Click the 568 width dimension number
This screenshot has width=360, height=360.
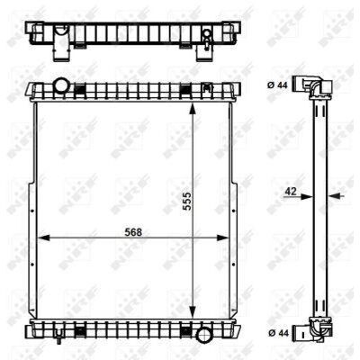tap(133, 232)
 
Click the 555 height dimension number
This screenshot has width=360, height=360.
tap(186, 202)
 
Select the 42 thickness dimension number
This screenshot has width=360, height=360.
tap(291, 191)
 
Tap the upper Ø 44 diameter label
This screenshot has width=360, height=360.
tap(277, 85)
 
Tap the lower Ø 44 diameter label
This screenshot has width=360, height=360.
tap(278, 333)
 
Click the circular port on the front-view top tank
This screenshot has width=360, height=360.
tap(62, 85)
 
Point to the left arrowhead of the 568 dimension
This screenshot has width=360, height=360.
tap(42, 238)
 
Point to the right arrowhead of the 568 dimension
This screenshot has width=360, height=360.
tap(222, 238)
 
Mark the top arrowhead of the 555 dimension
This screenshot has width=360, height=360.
tap(193, 109)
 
